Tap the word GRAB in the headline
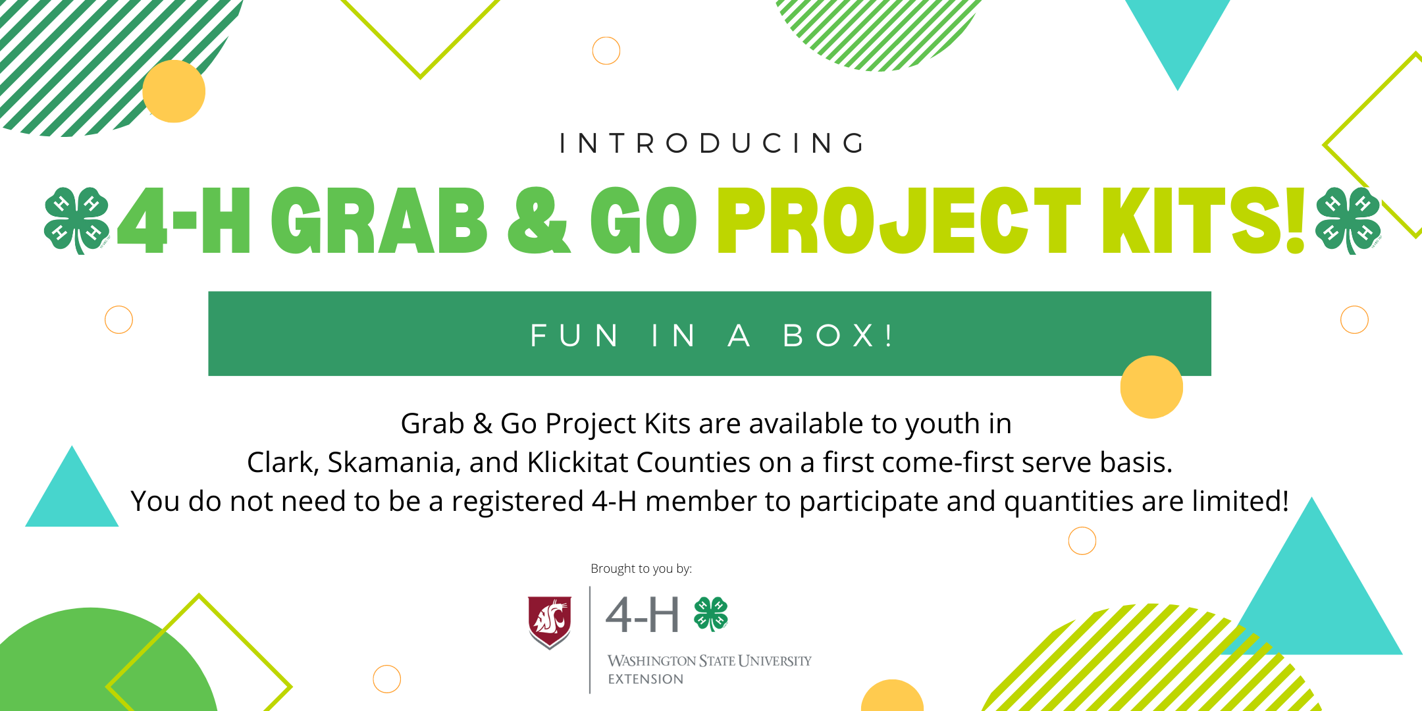(x=379, y=221)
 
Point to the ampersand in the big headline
(x=539, y=221)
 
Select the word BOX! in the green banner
(x=838, y=336)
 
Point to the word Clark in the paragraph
(x=282, y=462)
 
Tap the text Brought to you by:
(x=641, y=569)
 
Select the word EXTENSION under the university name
(x=645, y=679)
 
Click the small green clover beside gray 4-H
(x=711, y=614)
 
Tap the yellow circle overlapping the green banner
(x=1151, y=387)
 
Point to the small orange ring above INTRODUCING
(x=606, y=51)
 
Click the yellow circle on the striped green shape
(x=174, y=92)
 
